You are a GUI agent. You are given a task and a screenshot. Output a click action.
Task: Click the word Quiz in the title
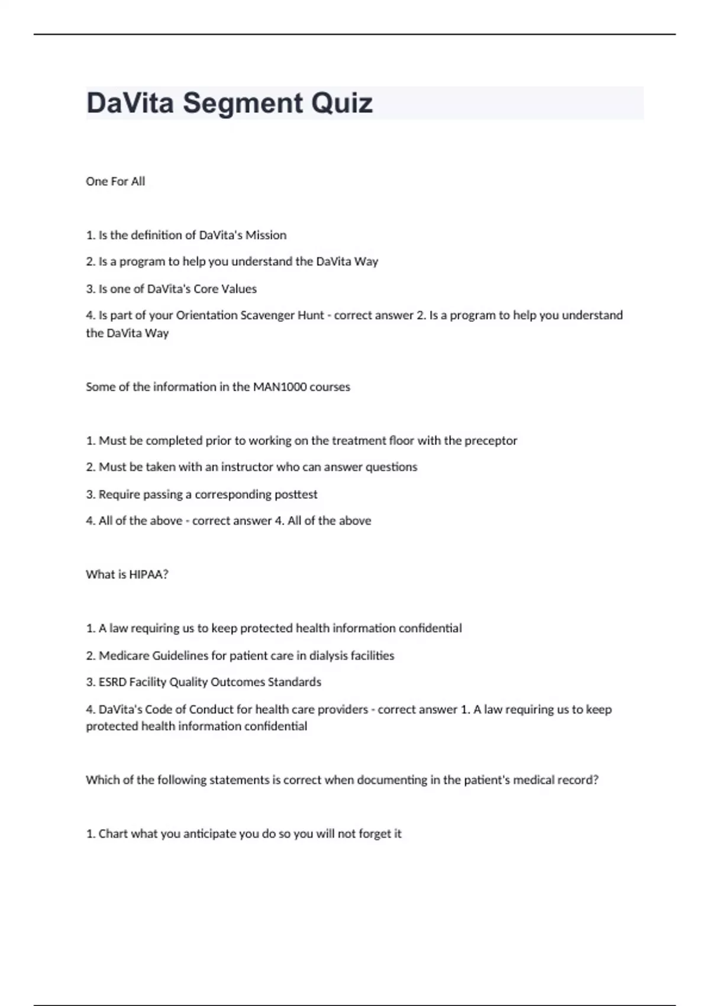pyautogui.click(x=341, y=104)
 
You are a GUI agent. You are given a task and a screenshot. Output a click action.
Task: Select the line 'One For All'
pyautogui.click(x=115, y=182)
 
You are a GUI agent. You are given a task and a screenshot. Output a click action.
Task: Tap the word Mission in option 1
pyautogui.click(x=266, y=236)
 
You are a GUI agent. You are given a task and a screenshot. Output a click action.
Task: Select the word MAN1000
pyautogui.click(x=280, y=387)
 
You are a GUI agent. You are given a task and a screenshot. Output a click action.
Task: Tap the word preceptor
pyautogui.click(x=490, y=441)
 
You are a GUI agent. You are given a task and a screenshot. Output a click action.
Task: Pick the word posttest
pyautogui.click(x=295, y=495)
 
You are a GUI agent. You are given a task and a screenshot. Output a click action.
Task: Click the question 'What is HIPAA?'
pyautogui.click(x=127, y=575)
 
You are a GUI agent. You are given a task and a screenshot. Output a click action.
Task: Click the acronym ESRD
pyautogui.click(x=112, y=682)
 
